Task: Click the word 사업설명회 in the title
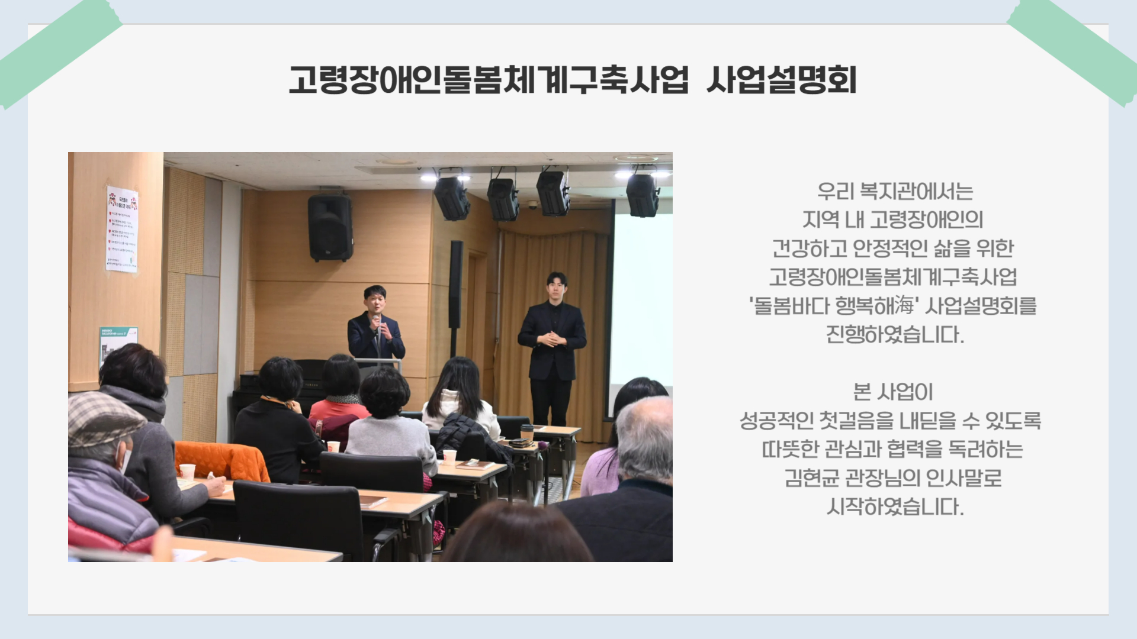tap(782, 80)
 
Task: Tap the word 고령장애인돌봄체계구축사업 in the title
tap(489, 80)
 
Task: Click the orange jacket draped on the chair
tap(222, 461)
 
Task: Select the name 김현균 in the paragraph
tap(812, 477)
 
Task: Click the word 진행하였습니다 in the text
tap(895, 335)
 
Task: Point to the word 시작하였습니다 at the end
tap(895, 506)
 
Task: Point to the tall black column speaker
tap(455, 285)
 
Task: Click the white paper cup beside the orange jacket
tap(187, 472)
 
